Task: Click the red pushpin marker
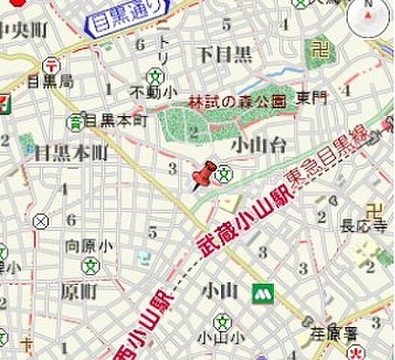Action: click(x=202, y=175)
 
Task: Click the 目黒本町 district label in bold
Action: click(x=71, y=154)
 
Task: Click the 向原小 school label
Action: click(x=88, y=245)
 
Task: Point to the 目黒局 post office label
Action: click(x=49, y=80)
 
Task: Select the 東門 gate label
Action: click(x=311, y=97)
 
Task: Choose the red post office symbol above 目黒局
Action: click(x=50, y=64)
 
